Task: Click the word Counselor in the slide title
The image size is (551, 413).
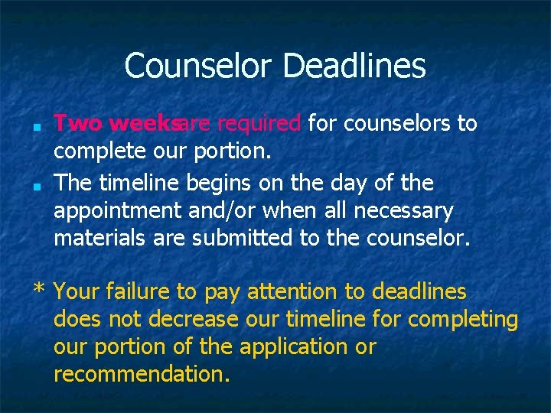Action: click(x=199, y=66)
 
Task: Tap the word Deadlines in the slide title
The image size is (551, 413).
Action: click(x=354, y=66)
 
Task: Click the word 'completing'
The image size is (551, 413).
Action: click(x=463, y=320)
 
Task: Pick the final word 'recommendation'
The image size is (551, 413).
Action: click(x=142, y=375)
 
